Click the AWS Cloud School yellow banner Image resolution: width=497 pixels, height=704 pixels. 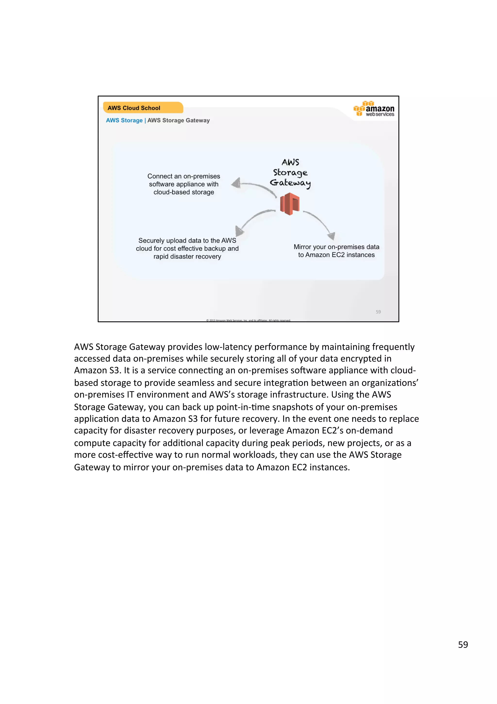(x=143, y=108)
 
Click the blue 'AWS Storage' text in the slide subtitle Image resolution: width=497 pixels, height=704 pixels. (x=124, y=120)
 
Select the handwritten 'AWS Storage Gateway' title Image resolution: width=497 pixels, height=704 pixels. (x=290, y=173)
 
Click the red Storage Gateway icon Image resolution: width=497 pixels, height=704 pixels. (x=289, y=204)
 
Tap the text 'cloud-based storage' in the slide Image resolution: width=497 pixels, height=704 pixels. (x=184, y=192)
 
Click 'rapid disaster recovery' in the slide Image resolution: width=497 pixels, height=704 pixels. (x=187, y=257)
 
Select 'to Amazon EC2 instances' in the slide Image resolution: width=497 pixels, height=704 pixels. (x=336, y=255)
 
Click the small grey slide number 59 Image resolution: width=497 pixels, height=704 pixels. (x=378, y=312)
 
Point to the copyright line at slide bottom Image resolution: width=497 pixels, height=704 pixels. (x=248, y=320)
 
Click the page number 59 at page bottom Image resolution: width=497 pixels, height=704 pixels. (x=463, y=645)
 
